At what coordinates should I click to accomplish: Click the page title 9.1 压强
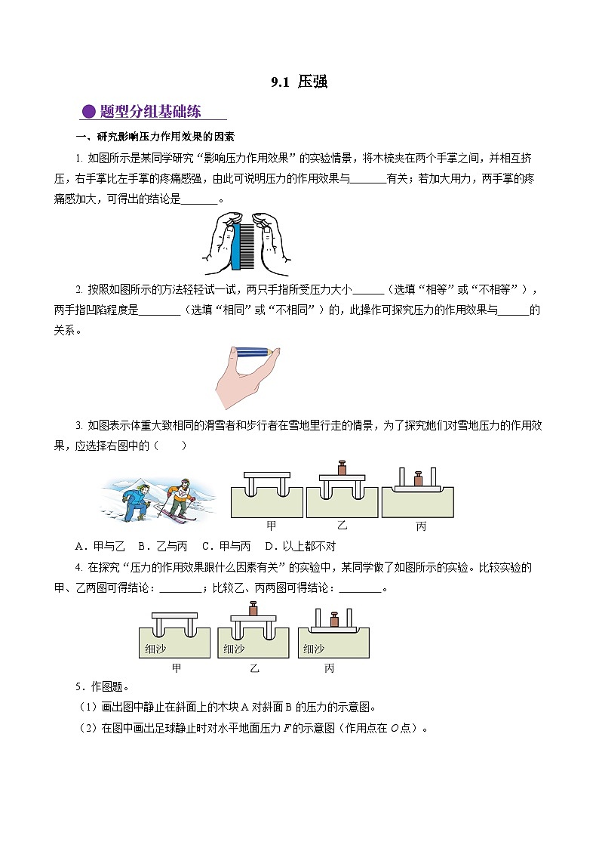(x=299, y=82)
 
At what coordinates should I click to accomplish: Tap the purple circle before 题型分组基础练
(x=88, y=112)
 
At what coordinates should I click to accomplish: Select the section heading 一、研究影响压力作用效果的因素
(x=155, y=137)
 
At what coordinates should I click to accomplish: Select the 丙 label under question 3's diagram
(x=421, y=526)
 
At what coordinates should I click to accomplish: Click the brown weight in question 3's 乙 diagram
(x=341, y=467)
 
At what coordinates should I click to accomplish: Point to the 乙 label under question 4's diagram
(x=253, y=668)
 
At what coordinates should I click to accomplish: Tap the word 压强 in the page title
(x=312, y=82)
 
